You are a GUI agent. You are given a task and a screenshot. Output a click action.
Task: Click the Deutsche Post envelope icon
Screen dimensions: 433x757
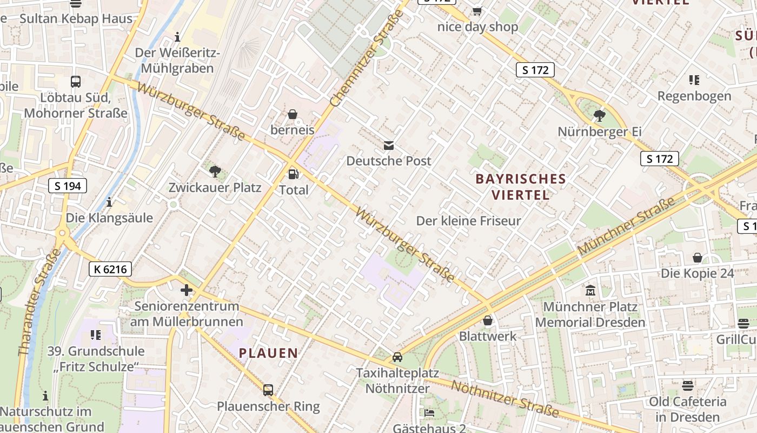388,145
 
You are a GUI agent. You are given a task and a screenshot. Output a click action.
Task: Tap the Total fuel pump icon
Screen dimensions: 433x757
293,174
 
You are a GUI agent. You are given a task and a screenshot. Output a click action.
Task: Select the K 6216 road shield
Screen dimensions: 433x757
110,269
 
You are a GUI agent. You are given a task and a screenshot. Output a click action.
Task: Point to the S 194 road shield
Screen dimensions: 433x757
68,186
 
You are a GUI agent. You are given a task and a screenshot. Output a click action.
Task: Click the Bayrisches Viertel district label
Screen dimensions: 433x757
521,187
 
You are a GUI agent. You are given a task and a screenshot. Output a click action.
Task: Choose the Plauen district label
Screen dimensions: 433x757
269,353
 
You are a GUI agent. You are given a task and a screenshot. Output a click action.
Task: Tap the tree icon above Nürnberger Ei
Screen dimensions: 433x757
599,115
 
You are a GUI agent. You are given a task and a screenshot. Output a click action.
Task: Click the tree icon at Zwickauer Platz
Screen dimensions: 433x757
215,172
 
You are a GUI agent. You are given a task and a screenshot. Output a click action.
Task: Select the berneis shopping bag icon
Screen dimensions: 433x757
293,114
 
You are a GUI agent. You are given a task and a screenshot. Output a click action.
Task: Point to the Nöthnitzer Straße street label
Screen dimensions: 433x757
504,399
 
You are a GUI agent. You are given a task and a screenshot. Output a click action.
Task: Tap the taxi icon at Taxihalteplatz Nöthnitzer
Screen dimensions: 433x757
397,357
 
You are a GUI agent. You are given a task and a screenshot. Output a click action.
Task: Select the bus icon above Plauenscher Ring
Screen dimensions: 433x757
268,390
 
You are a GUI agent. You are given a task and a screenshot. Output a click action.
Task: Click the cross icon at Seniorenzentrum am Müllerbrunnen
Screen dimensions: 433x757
187,290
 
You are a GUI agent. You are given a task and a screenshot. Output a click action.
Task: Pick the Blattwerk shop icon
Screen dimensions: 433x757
488,320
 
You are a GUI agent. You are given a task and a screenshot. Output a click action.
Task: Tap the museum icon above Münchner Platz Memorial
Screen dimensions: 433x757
590,291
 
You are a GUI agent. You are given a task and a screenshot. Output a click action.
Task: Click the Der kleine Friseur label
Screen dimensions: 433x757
468,221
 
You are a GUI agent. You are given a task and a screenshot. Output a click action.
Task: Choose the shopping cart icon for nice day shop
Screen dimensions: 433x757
477,11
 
